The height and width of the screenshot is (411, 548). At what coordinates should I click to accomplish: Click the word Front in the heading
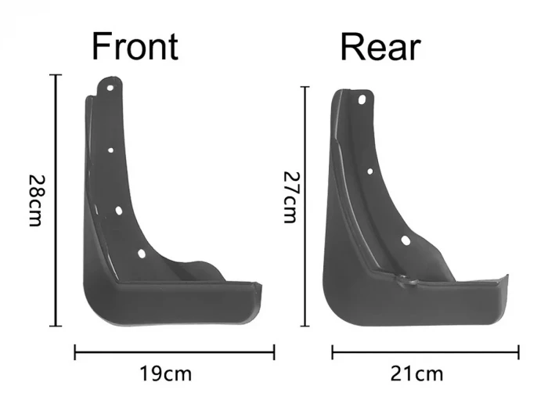[x=135, y=46]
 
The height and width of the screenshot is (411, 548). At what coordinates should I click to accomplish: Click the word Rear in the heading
[x=380, y=47]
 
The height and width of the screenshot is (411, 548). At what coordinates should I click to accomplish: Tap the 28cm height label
[x=37, y=200]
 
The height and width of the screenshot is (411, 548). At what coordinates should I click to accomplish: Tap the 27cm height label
[x=290, y=197]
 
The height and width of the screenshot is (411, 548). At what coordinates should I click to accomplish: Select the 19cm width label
[x=166, y=373]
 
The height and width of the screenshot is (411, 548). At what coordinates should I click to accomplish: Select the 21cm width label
[x=416, y=373]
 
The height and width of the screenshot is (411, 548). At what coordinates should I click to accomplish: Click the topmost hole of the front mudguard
[x=110, y=88]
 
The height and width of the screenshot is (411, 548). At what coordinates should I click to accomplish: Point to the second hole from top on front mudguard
[x=110, y=150]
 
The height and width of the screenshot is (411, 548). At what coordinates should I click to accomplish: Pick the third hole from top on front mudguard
[x=118, y=211]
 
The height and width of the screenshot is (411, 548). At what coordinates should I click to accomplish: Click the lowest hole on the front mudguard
[x=142, y=254]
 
